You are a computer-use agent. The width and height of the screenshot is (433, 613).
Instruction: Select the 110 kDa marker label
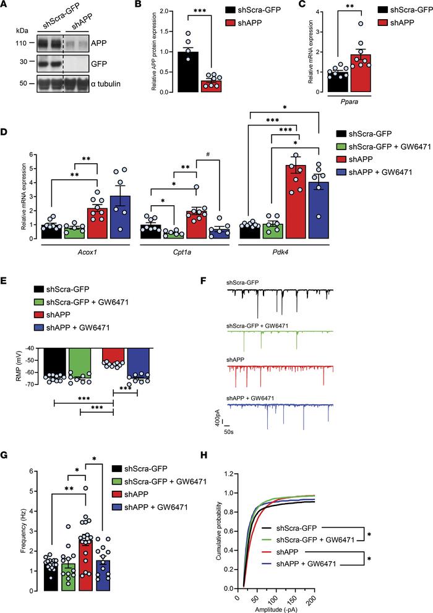point(20,44)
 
